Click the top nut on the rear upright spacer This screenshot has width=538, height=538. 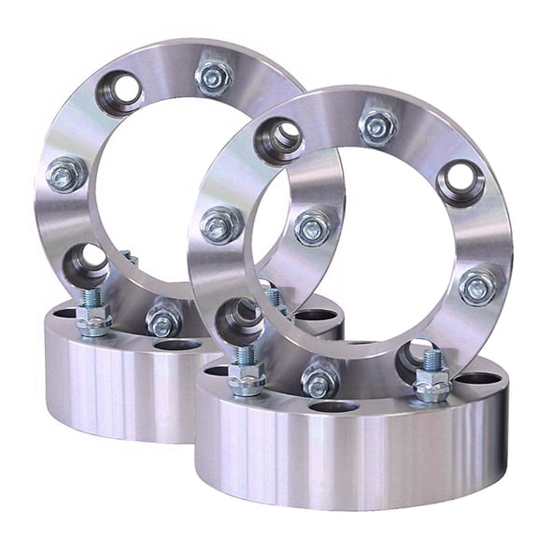click(x=215, y=78)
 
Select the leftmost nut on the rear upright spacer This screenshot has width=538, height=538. click(x=65, y=174)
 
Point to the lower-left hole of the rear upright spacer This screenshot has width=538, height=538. click(x=87, y=264)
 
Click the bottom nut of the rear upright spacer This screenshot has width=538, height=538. click(x=164, y=320)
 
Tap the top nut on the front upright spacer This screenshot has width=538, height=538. click(x=377, y=126)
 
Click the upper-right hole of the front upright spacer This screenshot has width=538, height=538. click(x=460, y=182)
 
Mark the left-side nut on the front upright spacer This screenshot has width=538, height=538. click(x=221, y=224)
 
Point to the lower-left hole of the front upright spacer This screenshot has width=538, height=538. click(x=238, y=319)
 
